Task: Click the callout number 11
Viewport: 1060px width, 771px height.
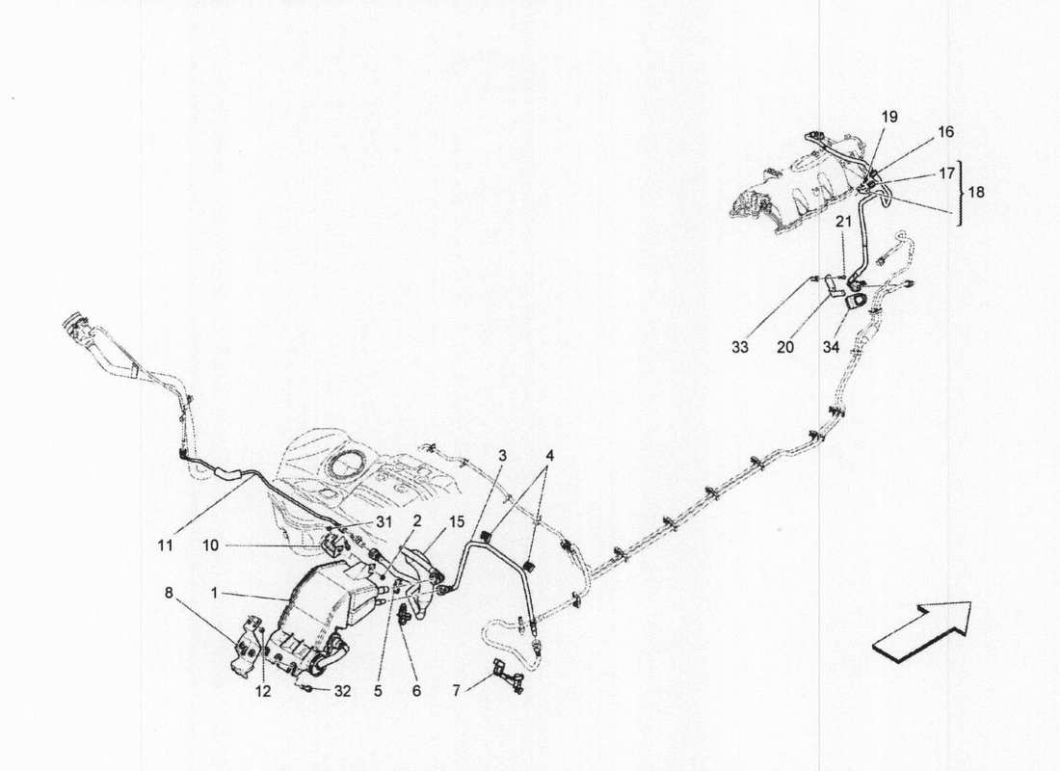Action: pyautogui.click(x=165, y=545)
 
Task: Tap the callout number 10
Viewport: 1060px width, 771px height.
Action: pyautogui.click(x=211, y=545)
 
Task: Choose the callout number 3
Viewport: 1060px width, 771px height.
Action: pyautogui.click(x=502, y=453)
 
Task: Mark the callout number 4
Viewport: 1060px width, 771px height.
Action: pyautogui.click(x=549, y=453)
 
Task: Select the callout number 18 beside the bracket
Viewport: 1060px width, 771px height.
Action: pyautogui.click(x=975, y=192)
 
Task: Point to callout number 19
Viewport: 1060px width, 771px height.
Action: pyautogui.click(x=888, y=117)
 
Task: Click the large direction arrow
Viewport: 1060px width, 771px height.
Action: pyautogui.click(x=923, y=631)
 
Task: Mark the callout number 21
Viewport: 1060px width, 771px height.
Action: pyautogui.click(x=843, y=223)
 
